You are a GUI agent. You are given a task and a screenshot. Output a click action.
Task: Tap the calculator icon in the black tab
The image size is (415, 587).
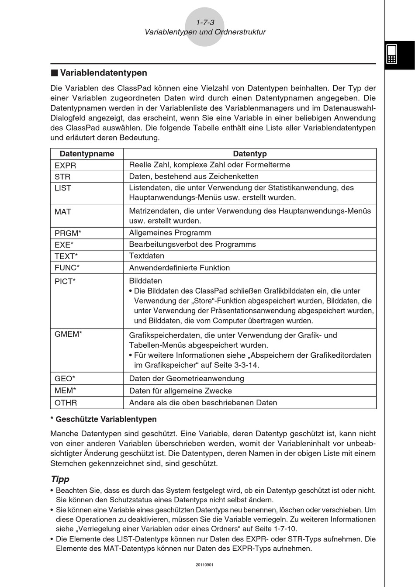[391, 54]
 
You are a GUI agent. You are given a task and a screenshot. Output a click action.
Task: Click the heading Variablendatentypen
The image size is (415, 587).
[103, 73]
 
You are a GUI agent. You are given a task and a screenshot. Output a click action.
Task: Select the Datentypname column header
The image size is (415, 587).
[86, 154]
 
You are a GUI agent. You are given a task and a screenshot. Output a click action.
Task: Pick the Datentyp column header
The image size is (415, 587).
[249, 154]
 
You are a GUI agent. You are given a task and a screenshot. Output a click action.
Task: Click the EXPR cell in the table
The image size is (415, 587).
[66, 166]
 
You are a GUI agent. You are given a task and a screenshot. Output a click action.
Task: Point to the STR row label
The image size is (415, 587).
[62, 177]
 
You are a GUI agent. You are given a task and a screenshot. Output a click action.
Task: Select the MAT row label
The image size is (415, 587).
[63, 212]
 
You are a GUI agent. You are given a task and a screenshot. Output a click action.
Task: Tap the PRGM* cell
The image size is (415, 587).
[68, 233]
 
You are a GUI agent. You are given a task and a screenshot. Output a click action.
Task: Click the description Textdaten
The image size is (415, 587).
[147, 256]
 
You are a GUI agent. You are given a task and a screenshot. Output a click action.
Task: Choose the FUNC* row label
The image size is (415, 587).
[67, 268]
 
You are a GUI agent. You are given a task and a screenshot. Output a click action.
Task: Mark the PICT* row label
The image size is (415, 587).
[65, 281]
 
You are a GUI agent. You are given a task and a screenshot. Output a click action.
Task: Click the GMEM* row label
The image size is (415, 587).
[69, 335]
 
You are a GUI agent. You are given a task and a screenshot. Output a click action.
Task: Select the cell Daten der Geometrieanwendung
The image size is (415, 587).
[187, 379]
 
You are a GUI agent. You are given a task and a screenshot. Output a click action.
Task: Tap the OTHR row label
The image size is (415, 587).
[66, 403]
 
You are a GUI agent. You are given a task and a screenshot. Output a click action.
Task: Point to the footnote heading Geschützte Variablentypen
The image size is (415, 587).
[106, 419]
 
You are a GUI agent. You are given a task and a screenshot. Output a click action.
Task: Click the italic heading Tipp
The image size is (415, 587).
[60, 479]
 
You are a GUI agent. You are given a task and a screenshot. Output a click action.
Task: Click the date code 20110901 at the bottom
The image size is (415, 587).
[205, 565]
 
